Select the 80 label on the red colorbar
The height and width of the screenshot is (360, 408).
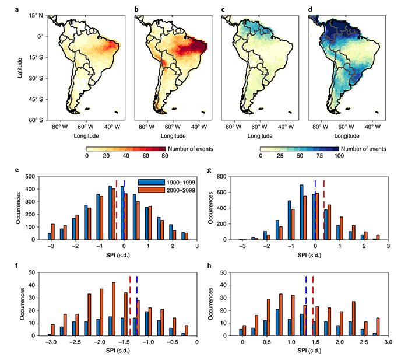point(164,156)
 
